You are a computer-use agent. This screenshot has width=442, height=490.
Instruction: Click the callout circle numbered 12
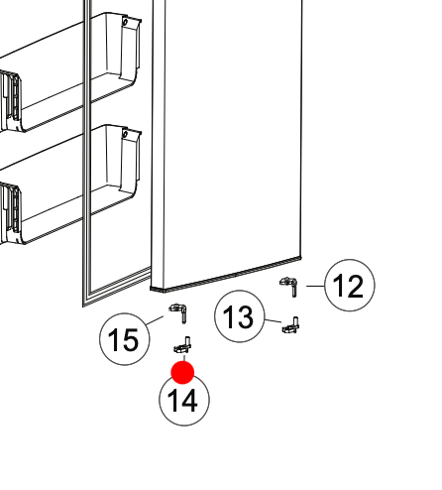[347, 286]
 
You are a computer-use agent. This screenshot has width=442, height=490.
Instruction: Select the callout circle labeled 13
[240, 317]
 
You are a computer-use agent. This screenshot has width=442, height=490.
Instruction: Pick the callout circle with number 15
[123, 340]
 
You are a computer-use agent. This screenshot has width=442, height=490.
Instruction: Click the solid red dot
[183, 373]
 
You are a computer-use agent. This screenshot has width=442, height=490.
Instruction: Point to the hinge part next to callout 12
[289, 286]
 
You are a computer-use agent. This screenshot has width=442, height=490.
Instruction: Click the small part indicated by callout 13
[289, 325]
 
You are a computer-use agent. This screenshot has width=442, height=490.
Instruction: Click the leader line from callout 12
[312, 286]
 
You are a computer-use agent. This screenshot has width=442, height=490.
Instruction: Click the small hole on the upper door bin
[125, 20]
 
